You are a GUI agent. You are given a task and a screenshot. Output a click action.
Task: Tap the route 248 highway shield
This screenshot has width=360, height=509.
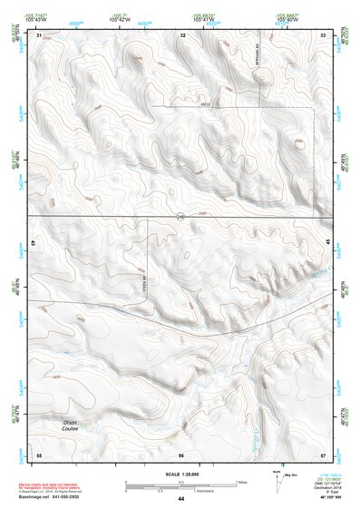click(x=180, y=215)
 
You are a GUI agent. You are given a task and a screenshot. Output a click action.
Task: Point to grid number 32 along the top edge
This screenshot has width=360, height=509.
click(x=183, y=34)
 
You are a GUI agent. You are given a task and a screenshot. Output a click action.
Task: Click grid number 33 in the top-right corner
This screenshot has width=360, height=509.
click(x=324, y=34)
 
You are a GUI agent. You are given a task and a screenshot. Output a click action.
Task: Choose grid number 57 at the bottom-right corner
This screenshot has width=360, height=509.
click(x=324, y=454)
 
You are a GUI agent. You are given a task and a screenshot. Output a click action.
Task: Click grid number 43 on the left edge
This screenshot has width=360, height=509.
click(x=33, y=243)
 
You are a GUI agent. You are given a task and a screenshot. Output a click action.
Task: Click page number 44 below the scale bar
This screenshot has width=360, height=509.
click(x=181, y=499)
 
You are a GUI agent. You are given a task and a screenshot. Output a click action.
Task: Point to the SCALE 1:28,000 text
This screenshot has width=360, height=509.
click(x=180, y=475)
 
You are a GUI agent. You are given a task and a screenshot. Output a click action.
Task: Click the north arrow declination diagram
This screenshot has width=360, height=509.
click(x=277, y=484)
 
